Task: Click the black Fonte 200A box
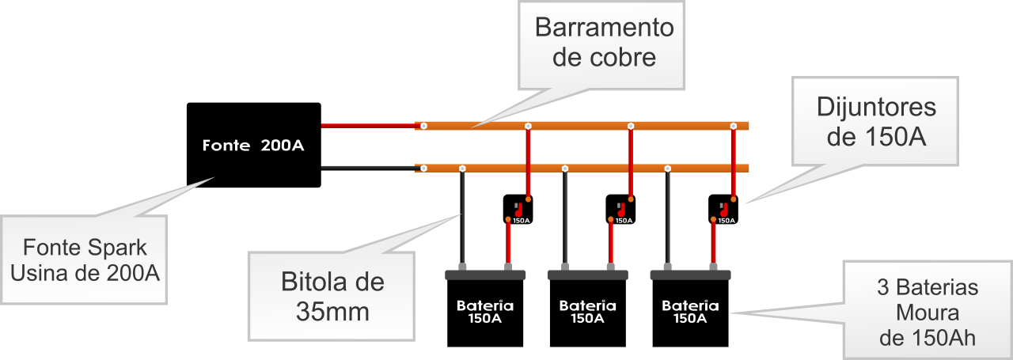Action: pos(253,145)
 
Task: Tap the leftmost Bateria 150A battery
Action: pos(485,311)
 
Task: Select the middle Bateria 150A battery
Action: pos(588,311)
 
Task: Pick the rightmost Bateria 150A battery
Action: pos(690,311)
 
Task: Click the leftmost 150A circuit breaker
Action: pos(519,209)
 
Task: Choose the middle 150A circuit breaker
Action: pos(621,209)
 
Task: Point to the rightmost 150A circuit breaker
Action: pos(724,209)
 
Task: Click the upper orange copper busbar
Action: pos(582,125)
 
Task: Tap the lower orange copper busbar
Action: pos(582,168)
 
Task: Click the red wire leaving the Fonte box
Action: pos(368,125)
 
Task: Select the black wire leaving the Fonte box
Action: pos(368,168)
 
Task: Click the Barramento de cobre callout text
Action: pos(605,43)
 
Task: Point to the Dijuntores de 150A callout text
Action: pos(876,122)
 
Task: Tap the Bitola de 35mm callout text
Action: pos(333,296)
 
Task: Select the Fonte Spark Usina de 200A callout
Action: pos(85,259)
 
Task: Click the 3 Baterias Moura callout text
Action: pos(928,312)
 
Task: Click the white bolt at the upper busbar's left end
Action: pos(424,126)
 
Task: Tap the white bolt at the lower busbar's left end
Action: pos(424,169)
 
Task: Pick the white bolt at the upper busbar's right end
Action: pos(734,126)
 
